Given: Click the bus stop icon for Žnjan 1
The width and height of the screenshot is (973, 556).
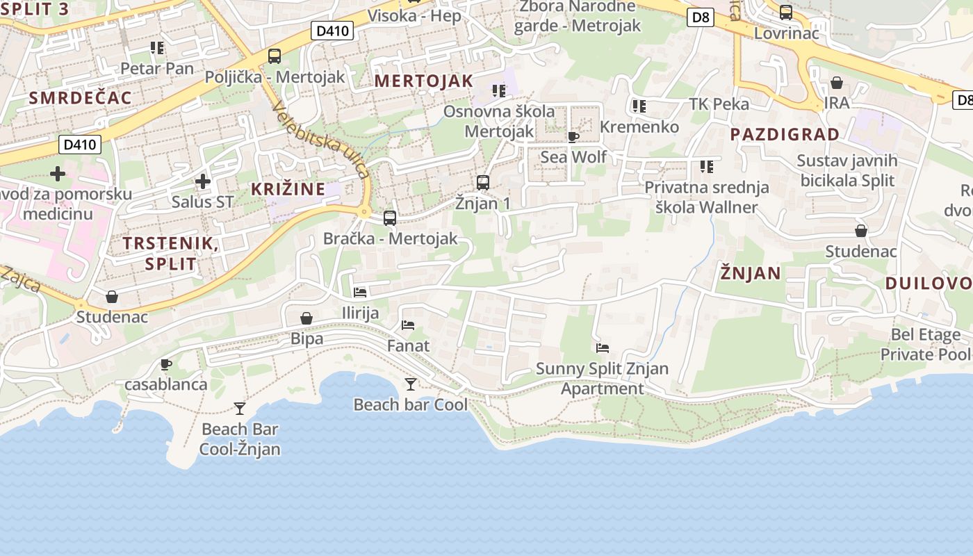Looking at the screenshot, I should [483, 183].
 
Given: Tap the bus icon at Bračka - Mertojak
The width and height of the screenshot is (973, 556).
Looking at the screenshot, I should [390, 218].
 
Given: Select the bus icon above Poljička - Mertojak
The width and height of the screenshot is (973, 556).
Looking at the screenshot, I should [275, 56].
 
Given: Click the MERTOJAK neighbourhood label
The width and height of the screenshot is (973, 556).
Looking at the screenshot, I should [423, 81].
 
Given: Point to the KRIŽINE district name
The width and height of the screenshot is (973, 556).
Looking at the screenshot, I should [288, 189].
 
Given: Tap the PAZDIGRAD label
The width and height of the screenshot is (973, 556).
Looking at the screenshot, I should [785, 134].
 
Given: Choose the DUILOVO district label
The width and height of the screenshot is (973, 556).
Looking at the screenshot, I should [929, 283].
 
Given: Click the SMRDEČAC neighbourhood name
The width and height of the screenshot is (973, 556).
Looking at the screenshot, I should [80, 98].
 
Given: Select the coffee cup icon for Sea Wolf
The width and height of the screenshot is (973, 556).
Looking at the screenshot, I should [573, 137].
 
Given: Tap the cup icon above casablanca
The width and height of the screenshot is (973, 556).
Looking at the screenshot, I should [166, 364].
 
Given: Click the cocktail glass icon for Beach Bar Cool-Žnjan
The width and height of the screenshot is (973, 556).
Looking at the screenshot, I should [240, 408].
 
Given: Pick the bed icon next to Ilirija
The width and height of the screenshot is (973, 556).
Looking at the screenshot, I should [360, 293].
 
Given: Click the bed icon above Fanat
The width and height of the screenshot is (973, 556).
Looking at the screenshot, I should [408, 325].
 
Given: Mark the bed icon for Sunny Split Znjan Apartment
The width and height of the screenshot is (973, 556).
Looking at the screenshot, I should [603, 347].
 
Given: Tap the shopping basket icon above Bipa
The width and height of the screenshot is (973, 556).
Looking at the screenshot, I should [306, 318].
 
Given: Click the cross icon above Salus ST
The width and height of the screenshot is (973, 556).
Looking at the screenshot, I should [203, 181].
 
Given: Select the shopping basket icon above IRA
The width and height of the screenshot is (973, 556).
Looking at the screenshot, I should [837, 83].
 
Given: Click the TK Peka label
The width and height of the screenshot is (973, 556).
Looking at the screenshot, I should [719, 104].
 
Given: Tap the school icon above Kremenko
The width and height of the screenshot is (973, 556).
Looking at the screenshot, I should [639, 106].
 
